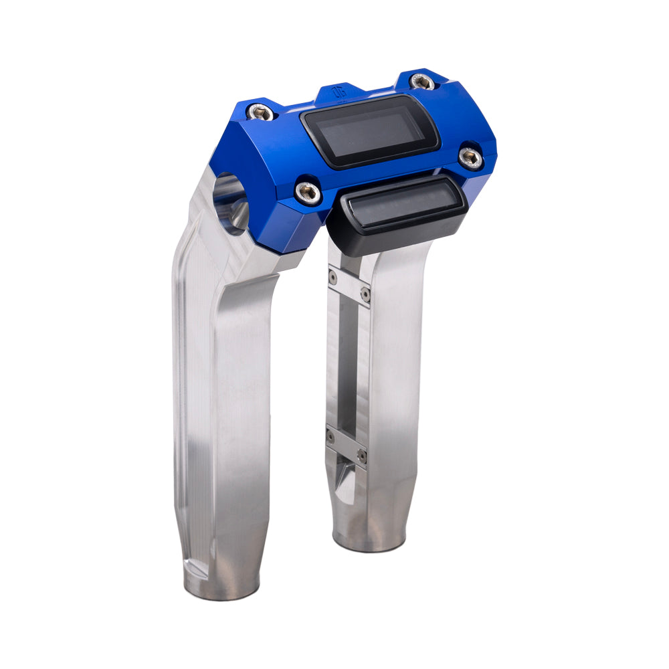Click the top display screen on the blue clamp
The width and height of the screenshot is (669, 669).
point(370,131)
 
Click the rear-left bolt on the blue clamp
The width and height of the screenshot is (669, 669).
point(260,112)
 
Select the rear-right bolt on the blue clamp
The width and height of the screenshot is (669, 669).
point(422,82)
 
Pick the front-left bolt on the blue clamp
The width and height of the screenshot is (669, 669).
point(308,191)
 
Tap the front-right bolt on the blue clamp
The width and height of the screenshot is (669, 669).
point(470,158)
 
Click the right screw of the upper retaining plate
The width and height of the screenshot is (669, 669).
point(365,295)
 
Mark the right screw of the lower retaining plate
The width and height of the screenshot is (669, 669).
point(362,456)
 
